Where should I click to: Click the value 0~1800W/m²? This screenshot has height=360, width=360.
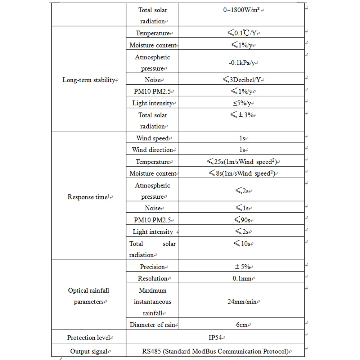pos(242,10)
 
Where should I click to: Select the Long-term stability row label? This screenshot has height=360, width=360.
pos(89,80)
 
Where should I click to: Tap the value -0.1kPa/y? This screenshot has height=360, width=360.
pos(242,63)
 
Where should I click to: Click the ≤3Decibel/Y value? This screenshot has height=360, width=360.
pos(242,80)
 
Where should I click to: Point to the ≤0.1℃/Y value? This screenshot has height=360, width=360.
pos(242,33)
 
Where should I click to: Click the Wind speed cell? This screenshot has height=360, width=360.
pos(152,138)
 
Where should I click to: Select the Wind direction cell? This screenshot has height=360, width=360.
pos(152,150)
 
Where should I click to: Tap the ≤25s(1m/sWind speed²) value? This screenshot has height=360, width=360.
pos(242,162)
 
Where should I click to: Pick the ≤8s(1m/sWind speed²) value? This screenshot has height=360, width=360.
pos(242,174)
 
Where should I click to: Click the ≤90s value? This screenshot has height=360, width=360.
pos(242,220)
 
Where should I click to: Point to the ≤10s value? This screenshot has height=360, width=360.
pos(242,243)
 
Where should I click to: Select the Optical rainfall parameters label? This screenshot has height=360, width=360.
pos(89,296)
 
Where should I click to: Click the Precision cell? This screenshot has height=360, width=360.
pos(152,267)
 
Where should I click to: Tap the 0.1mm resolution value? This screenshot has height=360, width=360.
pos(242,278)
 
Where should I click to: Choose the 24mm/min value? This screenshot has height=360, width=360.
pos(242,302)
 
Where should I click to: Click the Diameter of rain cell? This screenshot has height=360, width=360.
pos(152,325)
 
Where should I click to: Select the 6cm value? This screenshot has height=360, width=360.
pos(242,325)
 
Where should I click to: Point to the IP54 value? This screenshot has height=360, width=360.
pos(216,338)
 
